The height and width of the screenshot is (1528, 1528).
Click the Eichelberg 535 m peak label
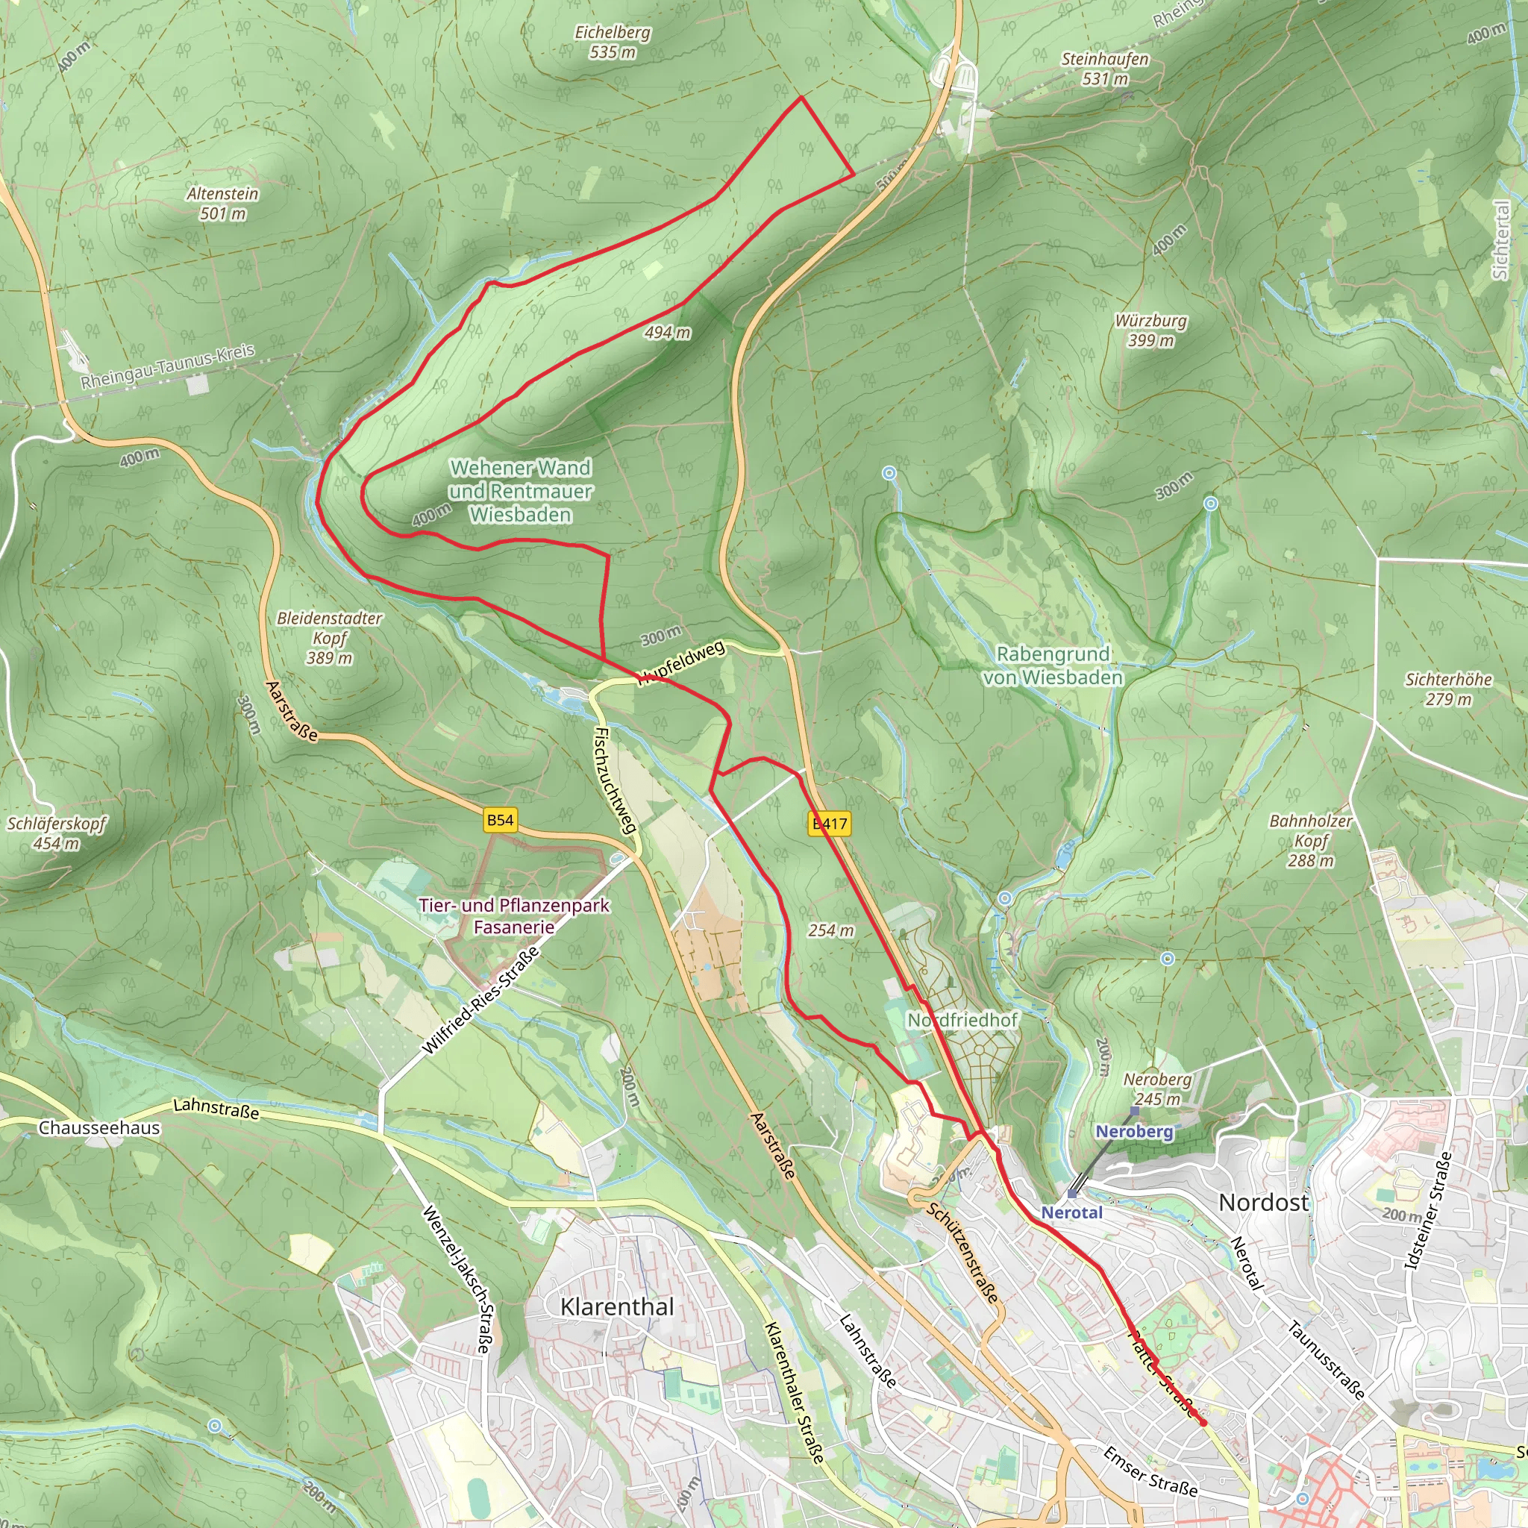point(613,42)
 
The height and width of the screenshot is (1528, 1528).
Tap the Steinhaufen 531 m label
point(1105,69)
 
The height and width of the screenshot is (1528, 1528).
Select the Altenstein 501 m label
point(223,203)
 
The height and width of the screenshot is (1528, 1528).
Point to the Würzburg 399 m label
point(1150,330)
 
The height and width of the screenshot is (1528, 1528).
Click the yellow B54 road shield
point(500,820)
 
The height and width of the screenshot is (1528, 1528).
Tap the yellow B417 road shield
point(830,824)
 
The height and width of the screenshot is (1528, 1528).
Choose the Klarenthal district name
point(617,1306)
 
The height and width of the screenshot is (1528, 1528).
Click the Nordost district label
point(1263,1203)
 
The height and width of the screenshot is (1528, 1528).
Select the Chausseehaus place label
point(100,1128)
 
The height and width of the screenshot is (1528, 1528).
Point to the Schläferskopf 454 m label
point(56,833)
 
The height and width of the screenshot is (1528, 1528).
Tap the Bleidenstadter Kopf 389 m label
point(330,637)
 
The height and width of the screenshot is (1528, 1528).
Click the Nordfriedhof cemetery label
point(962,1020)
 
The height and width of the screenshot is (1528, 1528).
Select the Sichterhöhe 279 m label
point(1448,689)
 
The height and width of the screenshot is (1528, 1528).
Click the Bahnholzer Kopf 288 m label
point(1310,841)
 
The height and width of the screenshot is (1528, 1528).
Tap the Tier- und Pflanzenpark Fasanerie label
point(514,916)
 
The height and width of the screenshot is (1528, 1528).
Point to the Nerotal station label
point(1071,1212)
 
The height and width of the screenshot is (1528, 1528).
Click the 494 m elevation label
point(667,333)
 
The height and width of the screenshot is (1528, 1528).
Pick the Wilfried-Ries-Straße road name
point(481,1001)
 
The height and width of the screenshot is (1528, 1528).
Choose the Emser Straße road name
point(1150,1471)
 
